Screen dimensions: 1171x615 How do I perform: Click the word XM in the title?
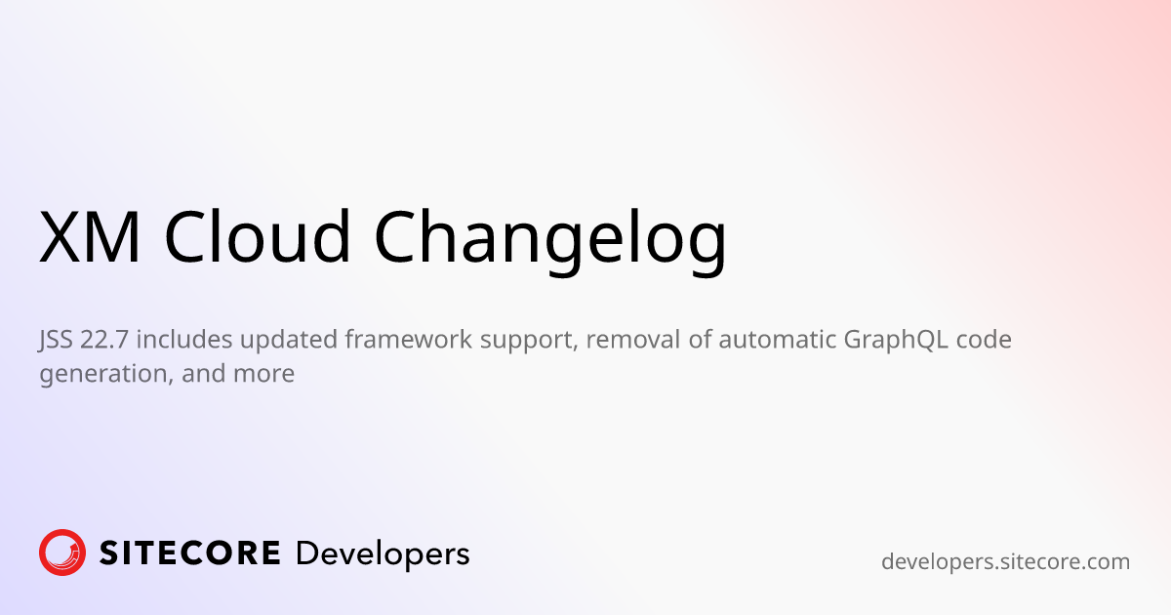(x=90, y=236)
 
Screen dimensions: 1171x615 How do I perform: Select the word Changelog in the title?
(x=550, y=240)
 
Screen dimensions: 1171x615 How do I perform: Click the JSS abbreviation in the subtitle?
(x=56, y=341)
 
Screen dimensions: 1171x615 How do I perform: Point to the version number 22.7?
(x=104, y=340)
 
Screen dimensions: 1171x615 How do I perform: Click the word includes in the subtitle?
(x=184, y=339)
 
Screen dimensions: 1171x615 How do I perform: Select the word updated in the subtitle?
(x=289, y=339)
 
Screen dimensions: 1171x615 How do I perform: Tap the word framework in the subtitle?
(x=409, y=339)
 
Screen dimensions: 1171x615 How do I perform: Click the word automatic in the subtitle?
(x=777, y=339)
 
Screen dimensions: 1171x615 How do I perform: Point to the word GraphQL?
(x=896, y=341)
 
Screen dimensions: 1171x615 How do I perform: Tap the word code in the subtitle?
(x=984, y=339)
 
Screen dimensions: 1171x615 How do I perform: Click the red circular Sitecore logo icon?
(x=62, y=553)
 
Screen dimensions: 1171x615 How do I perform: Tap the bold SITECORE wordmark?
(x=189, y=553)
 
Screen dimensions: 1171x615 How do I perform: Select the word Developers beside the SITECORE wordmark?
(x=383, y=554)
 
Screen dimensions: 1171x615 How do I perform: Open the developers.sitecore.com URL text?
(x=1005, y=562)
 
